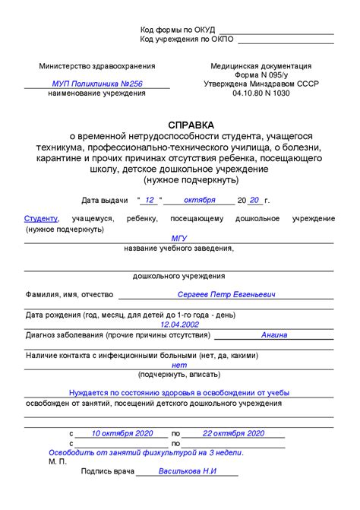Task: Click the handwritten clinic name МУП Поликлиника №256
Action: click(97, 84)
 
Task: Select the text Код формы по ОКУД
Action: click(177, 29)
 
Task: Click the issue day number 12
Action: click(150, 200)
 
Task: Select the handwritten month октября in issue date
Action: click(200, 200)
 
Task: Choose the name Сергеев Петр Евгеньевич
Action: click(226, 294)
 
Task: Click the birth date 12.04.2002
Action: click(179, 324)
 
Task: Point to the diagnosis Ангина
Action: click(274, 334)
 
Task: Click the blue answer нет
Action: click(179, 365)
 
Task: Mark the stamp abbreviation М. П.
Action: click(58, 461)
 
